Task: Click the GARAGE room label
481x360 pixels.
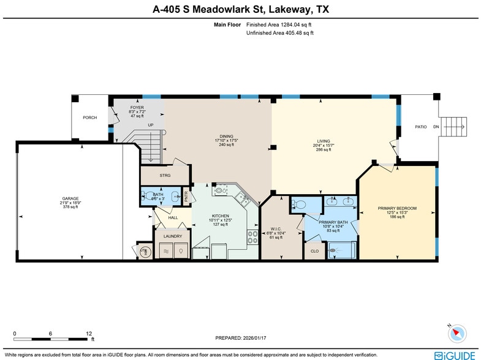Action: (x=70, y=199)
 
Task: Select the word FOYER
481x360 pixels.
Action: (x=136, y=107)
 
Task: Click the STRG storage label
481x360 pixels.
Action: (x=165, y=176)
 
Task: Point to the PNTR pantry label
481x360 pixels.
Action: (x=186, y=197)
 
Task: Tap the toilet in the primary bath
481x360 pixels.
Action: (x=297, y=204)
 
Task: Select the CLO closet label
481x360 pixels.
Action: (x=314, y=251)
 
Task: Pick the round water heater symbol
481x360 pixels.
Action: (x=145, y=252)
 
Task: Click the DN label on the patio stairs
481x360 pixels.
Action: (x=436, y=127)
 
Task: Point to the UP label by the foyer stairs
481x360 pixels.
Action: (x=151, y=125)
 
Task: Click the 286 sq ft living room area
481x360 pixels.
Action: (x=323, y=149)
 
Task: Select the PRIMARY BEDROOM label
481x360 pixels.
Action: (x=397, y=208)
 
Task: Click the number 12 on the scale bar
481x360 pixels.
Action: (x=89, y=333)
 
